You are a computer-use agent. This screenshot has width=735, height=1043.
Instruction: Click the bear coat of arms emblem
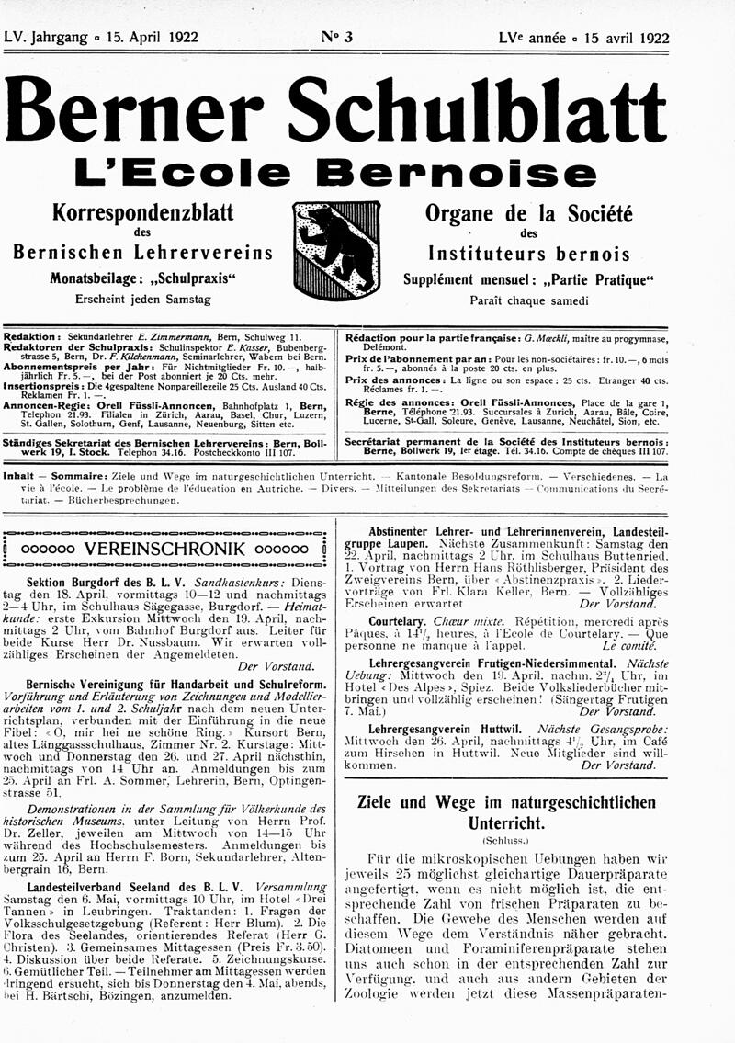[336, 250]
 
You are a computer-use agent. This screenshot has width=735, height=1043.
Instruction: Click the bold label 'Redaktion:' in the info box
[33, 338]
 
